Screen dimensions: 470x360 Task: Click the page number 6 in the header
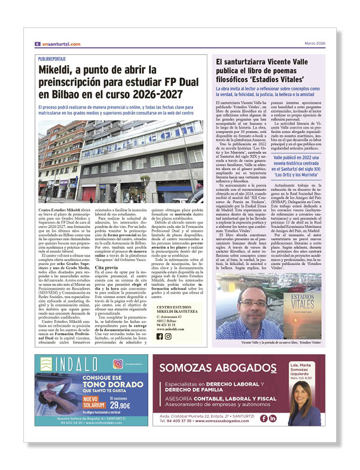(38, 44)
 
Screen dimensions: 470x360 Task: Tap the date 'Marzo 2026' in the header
(314, 43)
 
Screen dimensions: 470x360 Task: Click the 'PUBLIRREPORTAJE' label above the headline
(52, 59)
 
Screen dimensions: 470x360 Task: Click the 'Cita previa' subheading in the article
(106, 267)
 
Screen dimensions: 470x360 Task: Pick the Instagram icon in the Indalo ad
(118, 364)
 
